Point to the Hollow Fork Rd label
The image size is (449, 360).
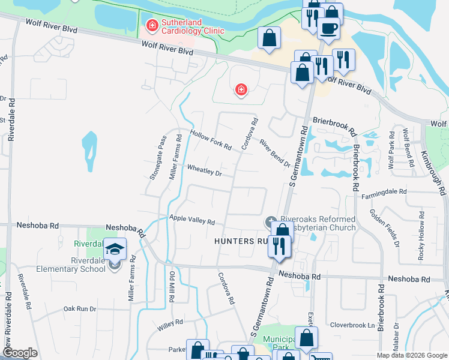pyautogui.click(x=211, y=141)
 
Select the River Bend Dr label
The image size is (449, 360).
pyautogui.click(x=275, y=154)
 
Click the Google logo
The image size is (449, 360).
pyautogui.click(x=20, y=353)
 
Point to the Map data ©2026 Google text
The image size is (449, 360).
pyautogui.click(x=411, y=355)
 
